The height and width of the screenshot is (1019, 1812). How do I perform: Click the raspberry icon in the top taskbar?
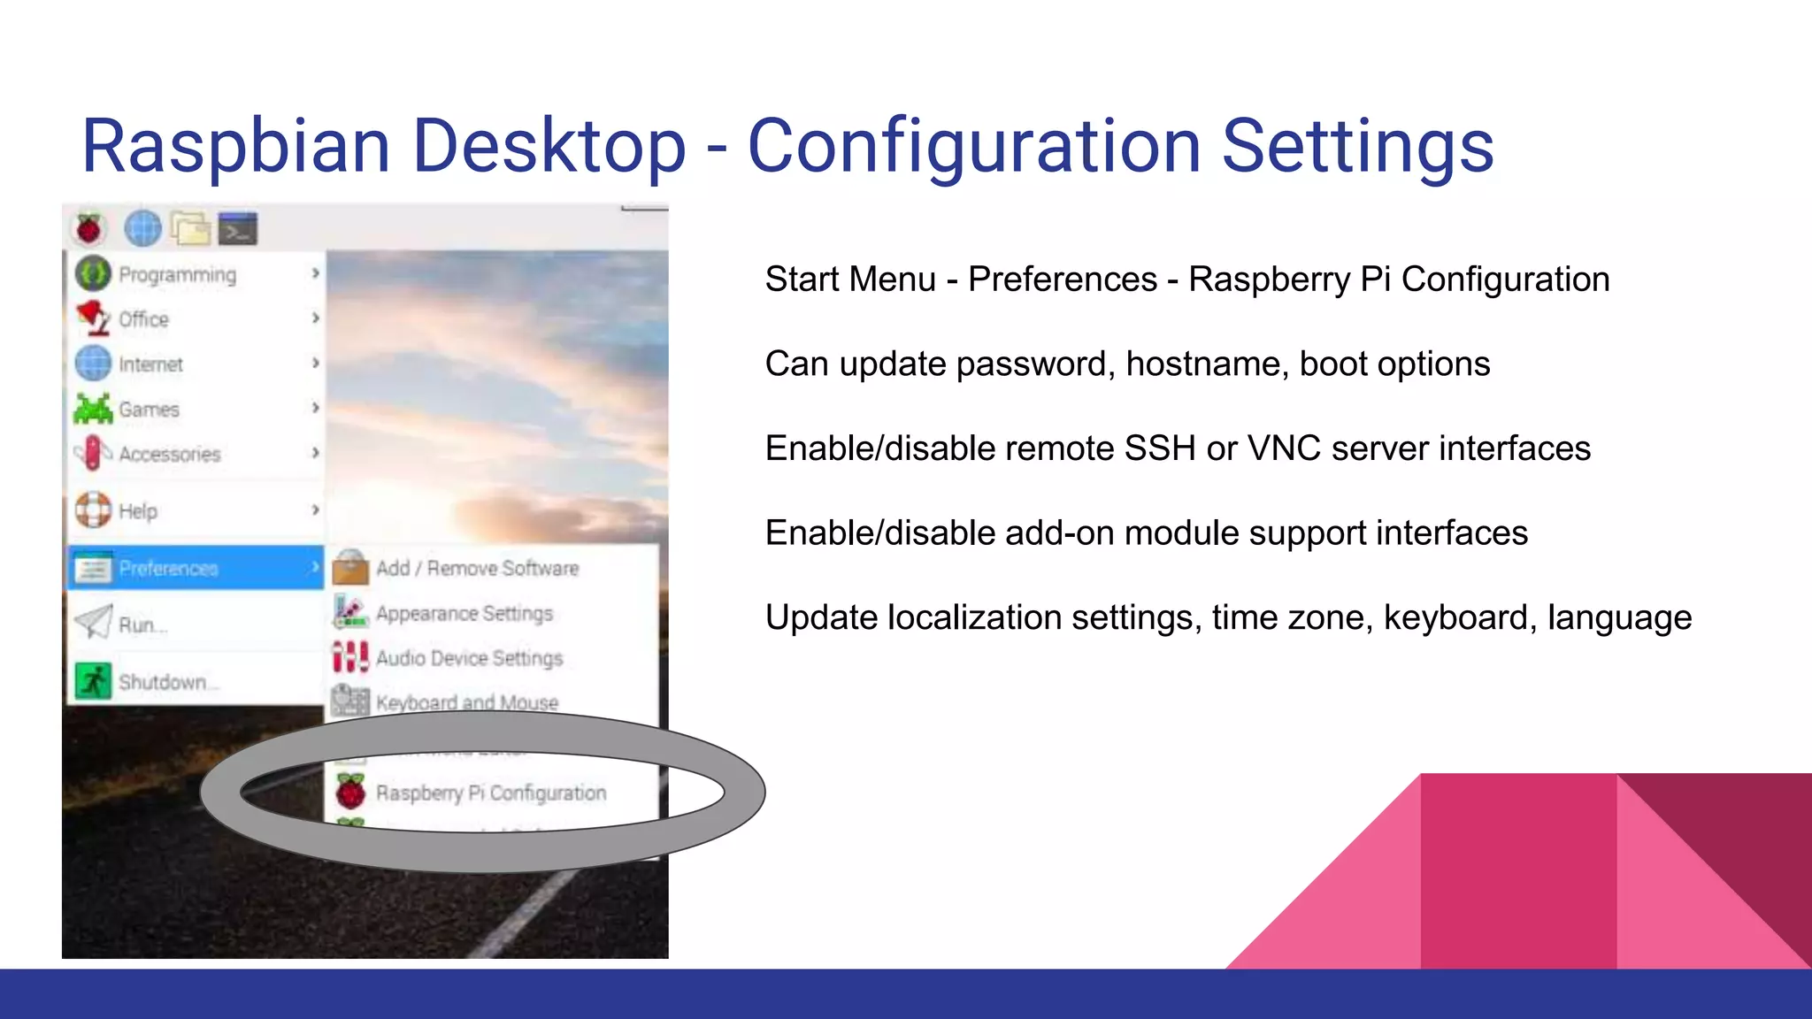click(x=88, y=229)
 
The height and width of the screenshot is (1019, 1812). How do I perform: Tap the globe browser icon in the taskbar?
click(x=142, y=228)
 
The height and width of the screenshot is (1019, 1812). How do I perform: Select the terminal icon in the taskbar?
click(x=237, y=229)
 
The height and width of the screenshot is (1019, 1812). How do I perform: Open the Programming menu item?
click(x=177, y=275)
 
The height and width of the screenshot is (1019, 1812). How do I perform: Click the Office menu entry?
click(x=143, y=319)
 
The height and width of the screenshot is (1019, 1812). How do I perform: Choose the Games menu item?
click(x=149, y=410)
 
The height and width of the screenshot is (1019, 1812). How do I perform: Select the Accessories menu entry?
click(x=169, y=455)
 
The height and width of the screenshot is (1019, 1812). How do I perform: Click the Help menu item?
click(x=138, y=511)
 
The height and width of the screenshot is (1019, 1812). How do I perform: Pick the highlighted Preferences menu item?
click(x=168, y=569)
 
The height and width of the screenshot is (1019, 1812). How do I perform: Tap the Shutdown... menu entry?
click(x=166, y=682)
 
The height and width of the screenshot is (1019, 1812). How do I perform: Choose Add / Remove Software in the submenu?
click(x=477, y=569)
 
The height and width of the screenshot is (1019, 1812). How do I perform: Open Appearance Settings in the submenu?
click(x=464, y=613)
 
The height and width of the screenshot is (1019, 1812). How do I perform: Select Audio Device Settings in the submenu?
click(x=469, y=658)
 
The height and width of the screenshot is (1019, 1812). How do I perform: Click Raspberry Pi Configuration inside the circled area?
click(x=491, y=793)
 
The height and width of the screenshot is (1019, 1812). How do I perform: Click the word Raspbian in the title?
click(x=235, y=146)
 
